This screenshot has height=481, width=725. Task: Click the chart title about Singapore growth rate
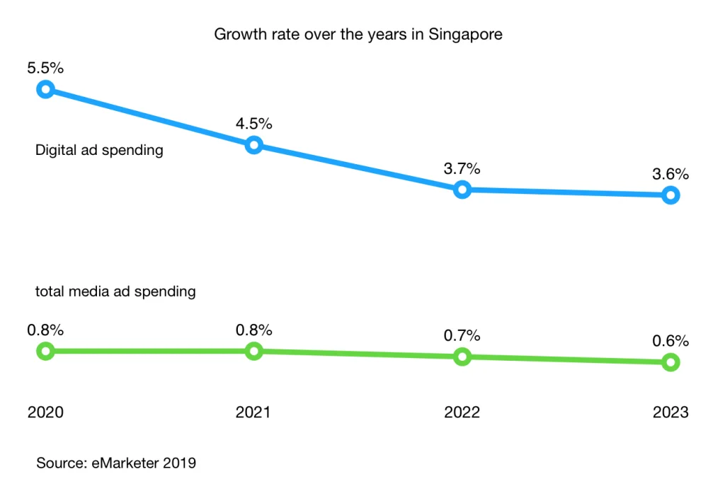point(358,34)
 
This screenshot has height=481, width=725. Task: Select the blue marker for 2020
point(45,89)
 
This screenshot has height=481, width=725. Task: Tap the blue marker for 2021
point(253,146)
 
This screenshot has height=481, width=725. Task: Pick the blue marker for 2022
point(462,190)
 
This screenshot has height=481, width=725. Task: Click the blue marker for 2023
point(670,195)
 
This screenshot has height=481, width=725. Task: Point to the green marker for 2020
point(45,351)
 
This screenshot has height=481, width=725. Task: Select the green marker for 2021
point(253,351)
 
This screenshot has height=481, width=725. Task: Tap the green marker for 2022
point(462,357)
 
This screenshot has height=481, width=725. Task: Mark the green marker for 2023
point(670,362)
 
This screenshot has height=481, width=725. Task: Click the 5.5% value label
point(45,69)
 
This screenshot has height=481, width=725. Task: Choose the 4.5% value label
point(253,124)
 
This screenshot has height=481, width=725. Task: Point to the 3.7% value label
point(462,168)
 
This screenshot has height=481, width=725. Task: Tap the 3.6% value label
point(670,174)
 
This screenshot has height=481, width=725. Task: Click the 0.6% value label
point(670,341)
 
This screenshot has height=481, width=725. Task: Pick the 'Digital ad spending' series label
point(99,150)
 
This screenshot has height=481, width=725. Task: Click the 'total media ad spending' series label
point(115,291)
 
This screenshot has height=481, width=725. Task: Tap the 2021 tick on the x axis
point(253,412)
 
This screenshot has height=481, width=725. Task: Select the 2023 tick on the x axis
point(670,412)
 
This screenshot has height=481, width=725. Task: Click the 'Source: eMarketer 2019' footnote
point(116,463)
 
